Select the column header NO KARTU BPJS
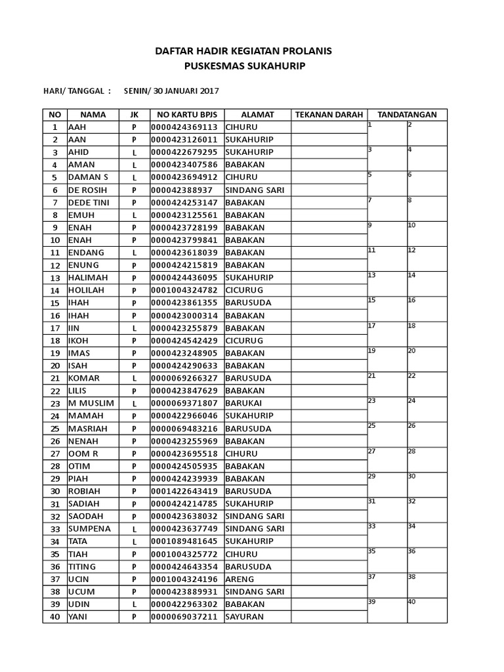tap(186, 114)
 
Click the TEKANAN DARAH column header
tap(329, 114)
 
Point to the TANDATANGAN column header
tap(407, 114)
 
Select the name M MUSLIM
tap(91, 403)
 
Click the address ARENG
tap(240, 579)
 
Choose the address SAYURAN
tap(244, 617)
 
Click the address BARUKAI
tap(244, 403)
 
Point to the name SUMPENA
tap(89, 528)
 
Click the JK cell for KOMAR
tap(134, 378)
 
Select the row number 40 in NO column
tap(55, 617)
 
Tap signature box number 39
tap(387, 610)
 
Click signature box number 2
tap(427, 133)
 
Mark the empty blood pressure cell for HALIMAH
tap(329, 278)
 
